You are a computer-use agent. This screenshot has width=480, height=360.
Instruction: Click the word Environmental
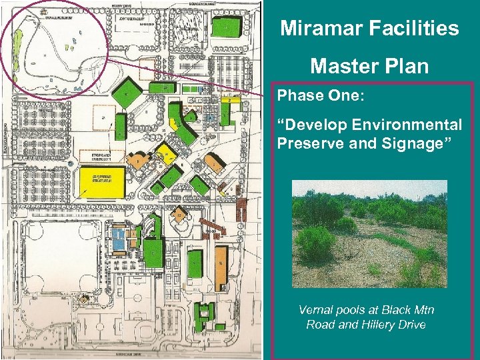tap(412, 125)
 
